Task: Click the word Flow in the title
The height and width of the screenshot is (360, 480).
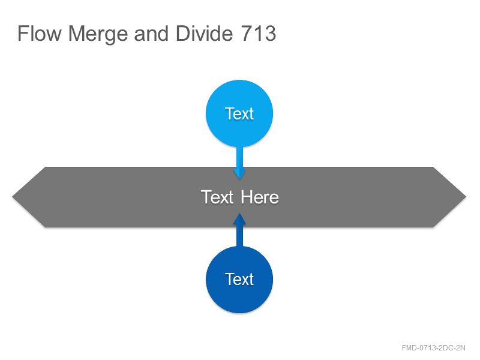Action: click(x=40, y=34)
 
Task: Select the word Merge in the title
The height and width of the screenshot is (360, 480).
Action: click(x=98, y=35)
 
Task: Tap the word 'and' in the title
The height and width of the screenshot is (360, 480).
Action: click(x=151, y=34)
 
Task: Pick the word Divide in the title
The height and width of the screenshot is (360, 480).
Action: click(x=204, y=33)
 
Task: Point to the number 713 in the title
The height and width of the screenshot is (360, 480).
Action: click(x=259, y=34)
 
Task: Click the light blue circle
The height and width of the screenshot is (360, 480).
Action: click(x=239, y=113)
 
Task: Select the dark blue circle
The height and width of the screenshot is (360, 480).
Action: click(x=239, y=280)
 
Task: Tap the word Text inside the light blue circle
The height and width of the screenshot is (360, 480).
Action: click(x=239, y=114)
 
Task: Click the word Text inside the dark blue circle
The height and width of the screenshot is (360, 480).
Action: click(x=239, y=279)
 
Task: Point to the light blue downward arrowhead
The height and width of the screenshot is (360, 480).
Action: click(x=239, y=173)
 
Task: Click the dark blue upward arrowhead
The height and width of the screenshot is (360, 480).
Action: click(x=239, y=220)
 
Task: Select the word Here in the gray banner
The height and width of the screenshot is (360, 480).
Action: click(x=260, y=197)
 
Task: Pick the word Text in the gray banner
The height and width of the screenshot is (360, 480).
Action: click(x=217, y=197)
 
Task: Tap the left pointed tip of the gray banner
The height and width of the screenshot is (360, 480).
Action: click(x=13, y=197)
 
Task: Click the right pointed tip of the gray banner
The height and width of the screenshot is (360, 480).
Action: click(x=466, y=197)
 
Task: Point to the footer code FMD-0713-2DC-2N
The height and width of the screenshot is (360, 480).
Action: click(x=433, y=348)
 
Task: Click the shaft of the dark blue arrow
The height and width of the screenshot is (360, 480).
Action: click(x=239, y=236)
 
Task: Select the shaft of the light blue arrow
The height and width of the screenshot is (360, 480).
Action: click(x=239, y=157)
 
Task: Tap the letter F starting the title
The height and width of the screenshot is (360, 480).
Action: click(x=22, y=34)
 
